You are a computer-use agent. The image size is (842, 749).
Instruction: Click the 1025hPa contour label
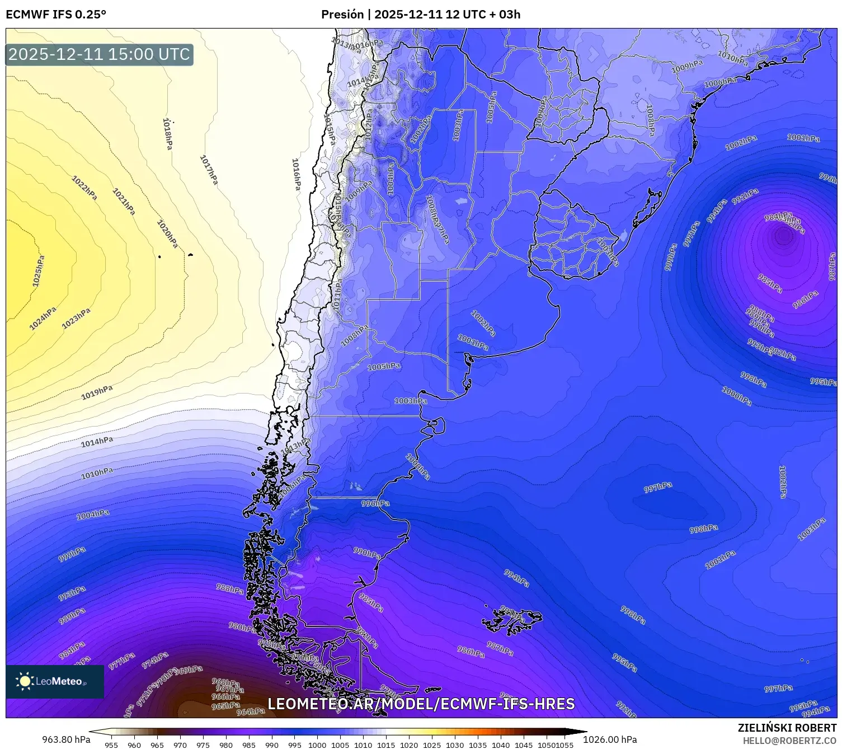coord(38,271)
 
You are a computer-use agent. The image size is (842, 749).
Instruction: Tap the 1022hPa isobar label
coord(84,188)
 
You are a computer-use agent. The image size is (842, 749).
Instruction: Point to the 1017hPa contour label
coord(209,170)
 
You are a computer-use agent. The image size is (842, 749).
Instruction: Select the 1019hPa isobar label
coord(97,392)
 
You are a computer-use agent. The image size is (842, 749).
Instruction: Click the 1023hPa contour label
coord(76,319)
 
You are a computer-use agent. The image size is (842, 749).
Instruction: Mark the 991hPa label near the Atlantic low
coord(745,197)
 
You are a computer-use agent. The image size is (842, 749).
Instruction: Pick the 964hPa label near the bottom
coord(251,711)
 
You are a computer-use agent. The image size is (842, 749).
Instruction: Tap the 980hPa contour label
coord(242,627)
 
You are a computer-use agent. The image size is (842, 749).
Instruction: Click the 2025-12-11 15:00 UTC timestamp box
coord(100,54)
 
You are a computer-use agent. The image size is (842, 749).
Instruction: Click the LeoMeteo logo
coord(54,681)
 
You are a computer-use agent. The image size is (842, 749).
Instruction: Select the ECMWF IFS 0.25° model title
coord(56,15)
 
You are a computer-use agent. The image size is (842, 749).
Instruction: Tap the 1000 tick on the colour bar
coord(317,745)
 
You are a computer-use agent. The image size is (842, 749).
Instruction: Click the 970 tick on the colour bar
coord(180,745)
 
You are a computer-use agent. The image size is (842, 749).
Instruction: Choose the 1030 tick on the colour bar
coord(455,745)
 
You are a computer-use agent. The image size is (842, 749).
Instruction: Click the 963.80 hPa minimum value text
coord(66,739)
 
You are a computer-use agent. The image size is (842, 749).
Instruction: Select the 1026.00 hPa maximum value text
coord(610,739)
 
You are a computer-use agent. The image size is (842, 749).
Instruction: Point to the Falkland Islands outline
coord(512,619)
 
